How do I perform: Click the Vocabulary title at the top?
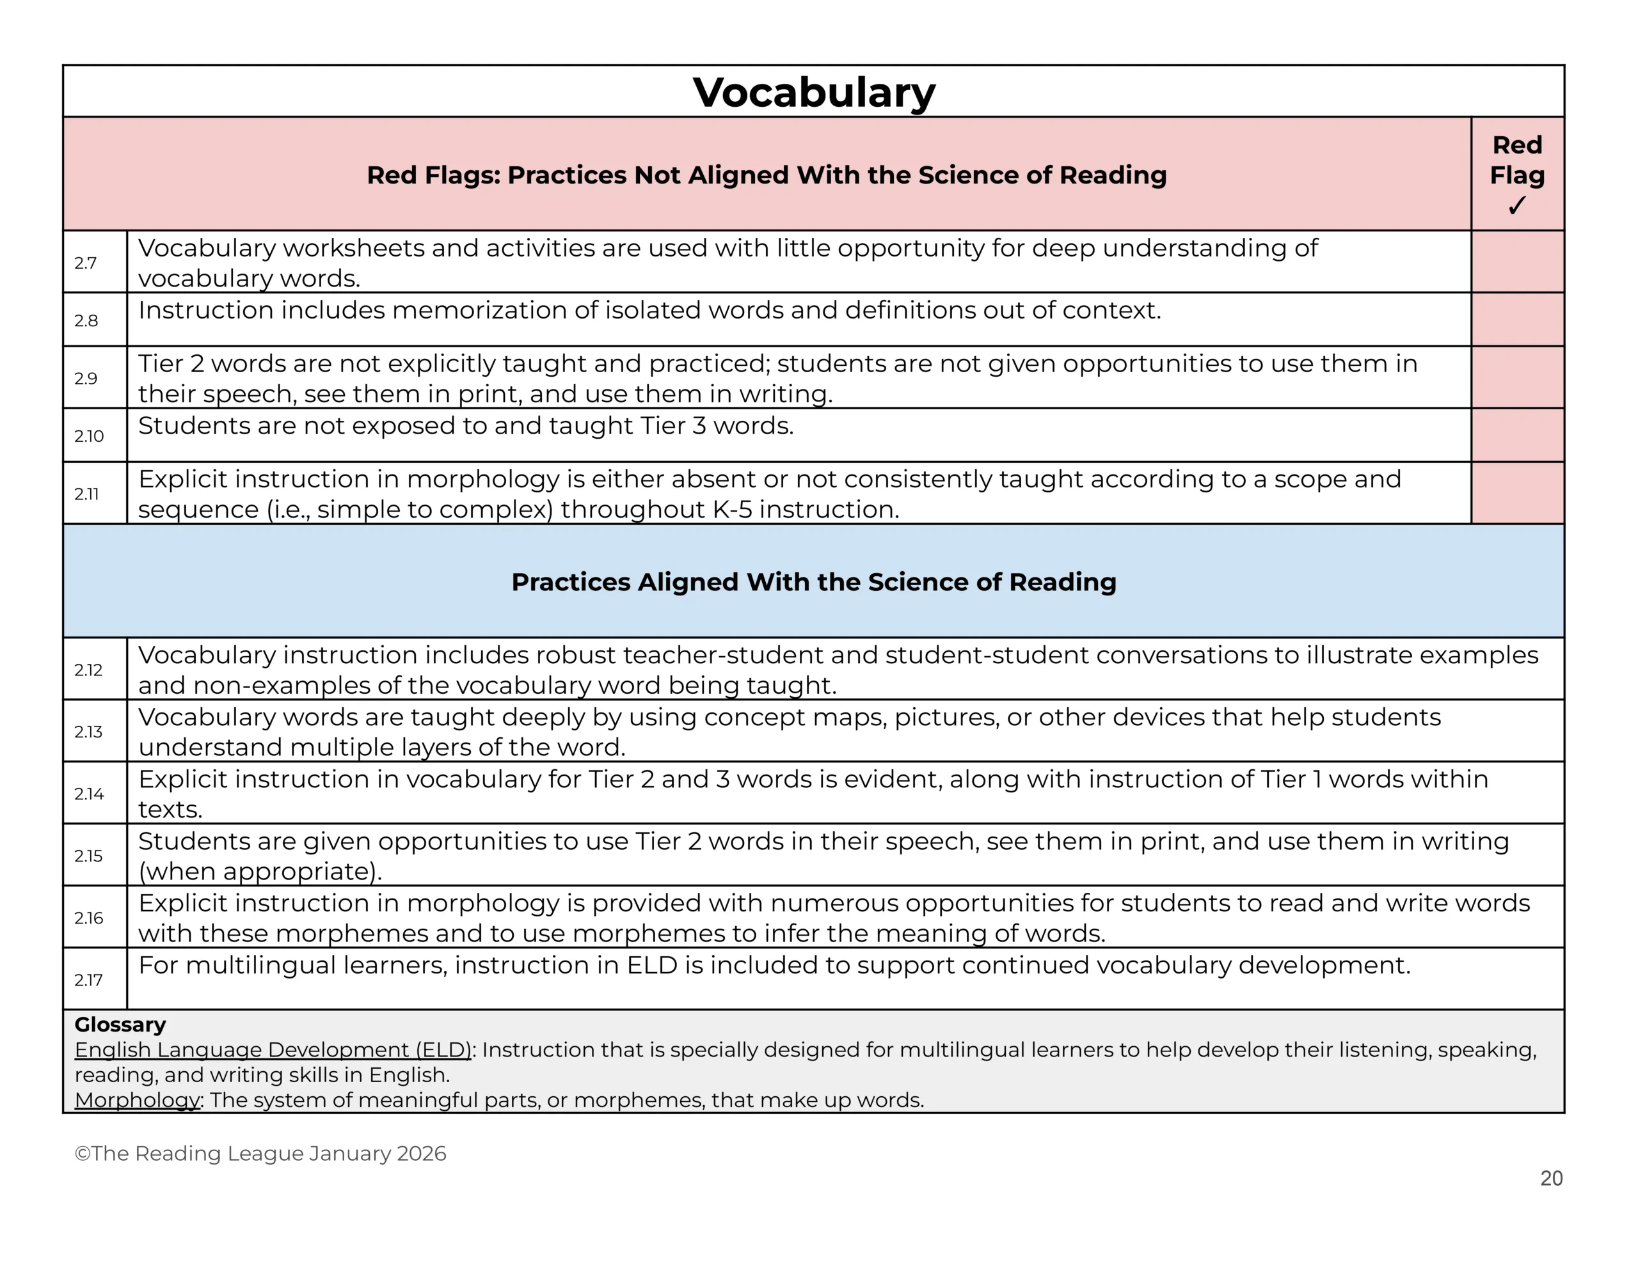(813, 92)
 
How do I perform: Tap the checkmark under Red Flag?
(1516, 205)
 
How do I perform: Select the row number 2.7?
(86, 262)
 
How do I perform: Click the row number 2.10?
(88, 436)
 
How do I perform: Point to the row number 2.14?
(88, 794)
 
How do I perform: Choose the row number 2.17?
(88, 979)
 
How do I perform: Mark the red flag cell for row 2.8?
(1517, 319)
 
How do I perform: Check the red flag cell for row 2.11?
(1517, 492)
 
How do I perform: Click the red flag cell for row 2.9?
(1517, 377)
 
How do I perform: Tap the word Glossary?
(120, 1025)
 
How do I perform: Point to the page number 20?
(1551, 1178)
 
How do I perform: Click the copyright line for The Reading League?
(260, 1153)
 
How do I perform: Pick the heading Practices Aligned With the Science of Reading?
(813, 582)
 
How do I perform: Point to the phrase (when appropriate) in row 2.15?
(260, 871)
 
